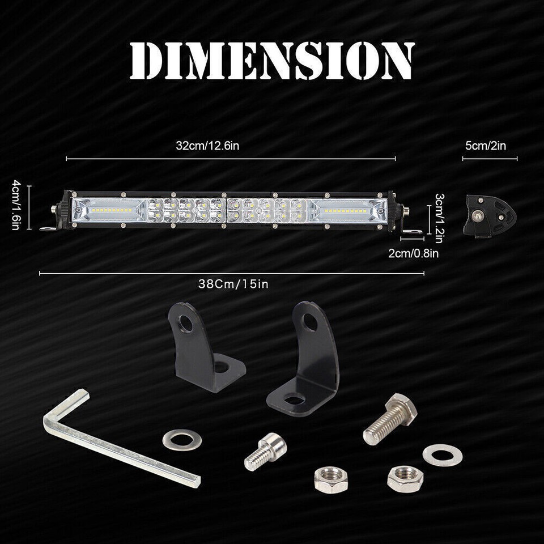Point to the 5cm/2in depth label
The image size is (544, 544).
point(486,146)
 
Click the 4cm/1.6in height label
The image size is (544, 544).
point(16,205)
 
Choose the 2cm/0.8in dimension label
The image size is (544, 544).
point(414,253)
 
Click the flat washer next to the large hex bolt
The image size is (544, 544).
point(437,453)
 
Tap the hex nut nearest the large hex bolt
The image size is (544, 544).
point(405,477)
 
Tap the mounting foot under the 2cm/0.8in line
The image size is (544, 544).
point(410,232)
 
